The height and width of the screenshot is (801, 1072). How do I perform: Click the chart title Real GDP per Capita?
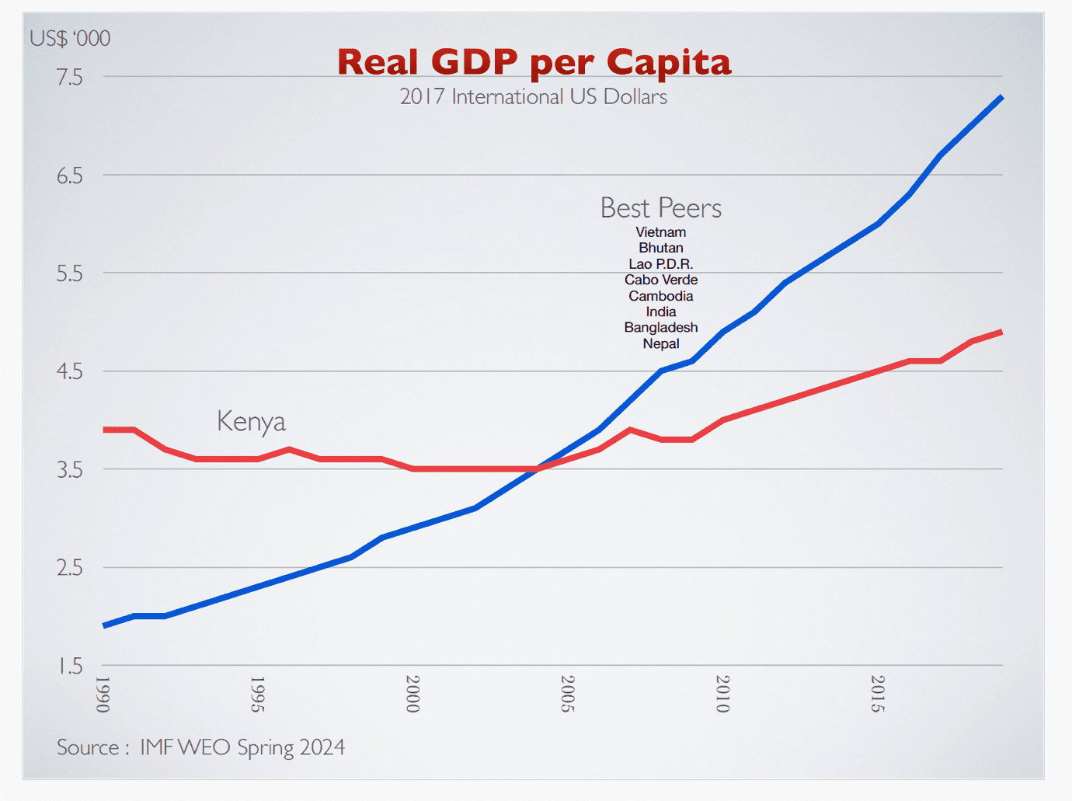click(x=534, y=62)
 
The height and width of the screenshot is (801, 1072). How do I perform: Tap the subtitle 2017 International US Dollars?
click(x=534, y=97)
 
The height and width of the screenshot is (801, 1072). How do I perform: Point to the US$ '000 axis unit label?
click(x=70, y=38)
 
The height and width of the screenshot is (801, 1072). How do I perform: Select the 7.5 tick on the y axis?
click(x=69, y=77)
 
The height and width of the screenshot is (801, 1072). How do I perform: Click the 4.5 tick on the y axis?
click(x=69, y=371)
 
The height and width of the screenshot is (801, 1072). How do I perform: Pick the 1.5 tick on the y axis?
click(x=70, y=666)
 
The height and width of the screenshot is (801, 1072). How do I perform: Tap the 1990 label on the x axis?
click(x=103, y=694)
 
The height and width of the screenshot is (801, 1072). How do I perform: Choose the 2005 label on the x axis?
click(x=568, y=694)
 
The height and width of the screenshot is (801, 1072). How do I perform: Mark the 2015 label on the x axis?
click(x=878, y=694)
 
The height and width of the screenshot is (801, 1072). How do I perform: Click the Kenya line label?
click(x=251, y=422)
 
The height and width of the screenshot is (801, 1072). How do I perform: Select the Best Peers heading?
click(x=661, y=208)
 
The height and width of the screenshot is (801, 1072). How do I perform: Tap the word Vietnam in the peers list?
click(x=661, y=232)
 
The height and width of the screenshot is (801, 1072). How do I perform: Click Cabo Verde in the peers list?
click(x=661, y=280)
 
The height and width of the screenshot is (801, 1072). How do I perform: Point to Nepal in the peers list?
click(x=661, y=343)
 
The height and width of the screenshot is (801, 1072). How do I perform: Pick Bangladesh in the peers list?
click(x=661, y=328)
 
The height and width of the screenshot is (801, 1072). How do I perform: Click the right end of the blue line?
click(x=1001, y=98)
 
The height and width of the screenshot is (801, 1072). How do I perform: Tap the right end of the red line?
click(x=1001, y=333)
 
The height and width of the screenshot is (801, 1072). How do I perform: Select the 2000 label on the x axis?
click(x=413, y=694)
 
